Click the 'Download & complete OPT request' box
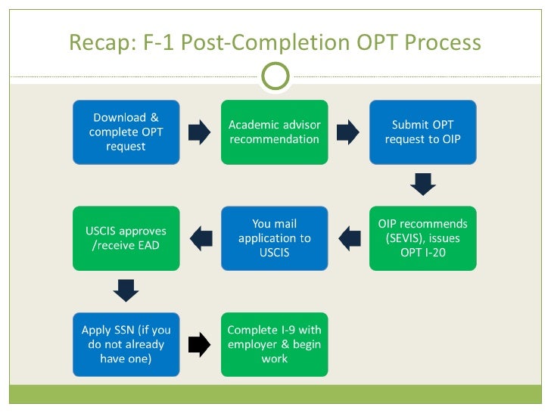(126, 132)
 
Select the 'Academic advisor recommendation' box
(274, 132)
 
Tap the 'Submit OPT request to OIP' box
(422, 132)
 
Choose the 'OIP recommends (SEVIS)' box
(422, 238)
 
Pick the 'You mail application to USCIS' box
(274, 238)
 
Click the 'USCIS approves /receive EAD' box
(126, 238)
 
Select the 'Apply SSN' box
(126, 344)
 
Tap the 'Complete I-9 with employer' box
(274, 344)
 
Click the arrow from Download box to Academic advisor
(199, 132)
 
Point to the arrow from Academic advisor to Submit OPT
(347, 132)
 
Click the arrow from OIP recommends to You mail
(349, 239)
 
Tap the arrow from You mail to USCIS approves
(201, 239)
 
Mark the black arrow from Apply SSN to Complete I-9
(199, 345)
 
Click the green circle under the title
(275, 76)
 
